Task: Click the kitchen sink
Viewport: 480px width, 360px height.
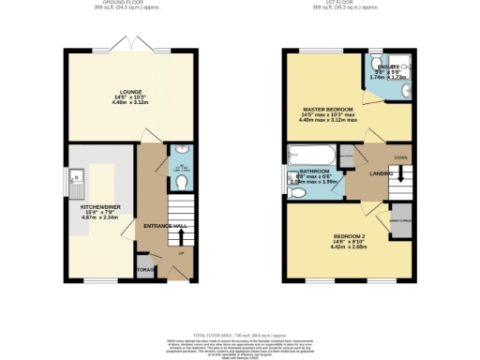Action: (x=74, y=185)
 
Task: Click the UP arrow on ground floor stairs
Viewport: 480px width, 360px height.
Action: (x=180, y=253)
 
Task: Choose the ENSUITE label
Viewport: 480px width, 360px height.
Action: (x=388, y=67)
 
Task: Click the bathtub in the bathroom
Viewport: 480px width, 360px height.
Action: (x=310, y=154)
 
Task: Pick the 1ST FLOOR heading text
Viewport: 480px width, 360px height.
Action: (x=349, y=4)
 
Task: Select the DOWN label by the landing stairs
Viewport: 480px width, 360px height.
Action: (x=400, y=157)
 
